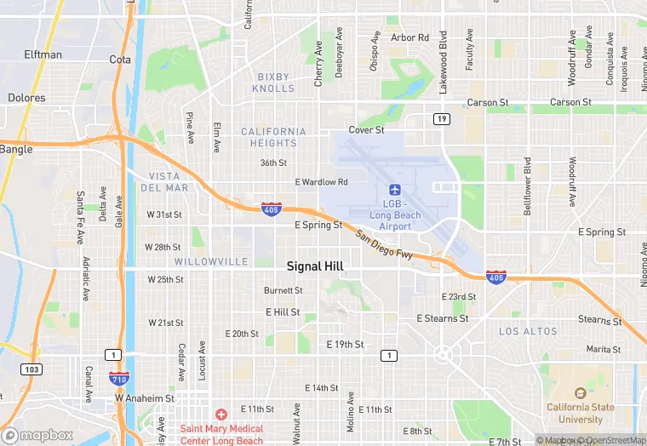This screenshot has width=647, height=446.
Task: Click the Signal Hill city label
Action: point(315,266)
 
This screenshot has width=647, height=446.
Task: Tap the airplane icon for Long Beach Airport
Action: point(394,189)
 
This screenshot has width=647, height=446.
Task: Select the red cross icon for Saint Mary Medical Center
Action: point(221,415)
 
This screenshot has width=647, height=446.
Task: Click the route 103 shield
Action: point(32,369)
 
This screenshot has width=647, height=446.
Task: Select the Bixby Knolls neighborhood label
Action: point(275,83)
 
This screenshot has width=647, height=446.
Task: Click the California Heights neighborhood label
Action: point(273,137)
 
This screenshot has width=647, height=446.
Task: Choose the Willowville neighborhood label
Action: point(211,261)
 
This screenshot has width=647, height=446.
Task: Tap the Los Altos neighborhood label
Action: point(528,331)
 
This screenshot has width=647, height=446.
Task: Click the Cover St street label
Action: point(366,130)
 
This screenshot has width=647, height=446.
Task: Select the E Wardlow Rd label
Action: point(321,182)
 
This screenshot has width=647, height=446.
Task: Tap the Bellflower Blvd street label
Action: point(527,185)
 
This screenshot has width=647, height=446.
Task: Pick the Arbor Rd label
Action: point(409,37)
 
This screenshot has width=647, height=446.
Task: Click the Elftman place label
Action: point(43,54)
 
